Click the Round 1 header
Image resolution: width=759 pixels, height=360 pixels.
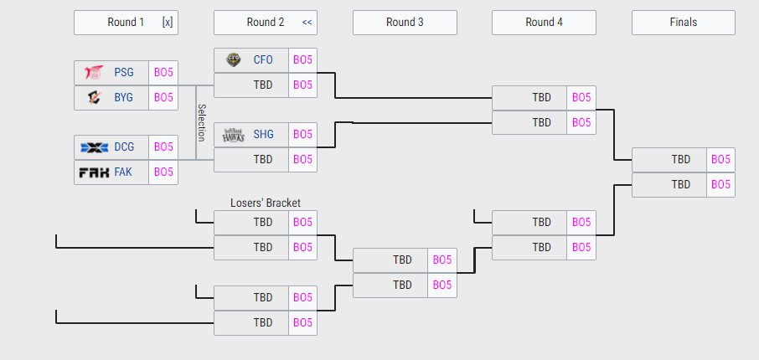(126, 23)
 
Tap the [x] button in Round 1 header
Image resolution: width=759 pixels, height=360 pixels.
(168, 23)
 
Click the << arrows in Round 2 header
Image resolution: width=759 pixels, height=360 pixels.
(307, 23)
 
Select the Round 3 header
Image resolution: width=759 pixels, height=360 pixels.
(405, 23)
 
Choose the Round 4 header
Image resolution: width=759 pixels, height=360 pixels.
(544, 23)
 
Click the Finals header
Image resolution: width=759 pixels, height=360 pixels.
(684, 23)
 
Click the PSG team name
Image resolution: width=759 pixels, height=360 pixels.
(124, 73)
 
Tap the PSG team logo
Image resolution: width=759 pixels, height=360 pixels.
(94, 73)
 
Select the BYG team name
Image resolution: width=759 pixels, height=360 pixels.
(123, 98)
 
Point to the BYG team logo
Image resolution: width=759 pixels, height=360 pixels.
(95, 98)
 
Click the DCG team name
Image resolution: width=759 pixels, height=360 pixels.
(124, 147)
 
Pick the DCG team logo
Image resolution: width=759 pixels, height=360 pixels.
(95, 147)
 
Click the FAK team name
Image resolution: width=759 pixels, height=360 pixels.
(123, 172)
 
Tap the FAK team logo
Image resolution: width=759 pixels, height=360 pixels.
(95, 172)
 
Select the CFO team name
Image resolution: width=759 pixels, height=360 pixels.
(263, 60)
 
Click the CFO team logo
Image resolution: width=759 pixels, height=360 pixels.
(234, 60)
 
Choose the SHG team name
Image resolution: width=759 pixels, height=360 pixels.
(263, 135)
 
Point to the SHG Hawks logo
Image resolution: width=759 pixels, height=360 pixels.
(234, 135)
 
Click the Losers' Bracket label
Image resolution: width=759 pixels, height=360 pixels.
(266, 203)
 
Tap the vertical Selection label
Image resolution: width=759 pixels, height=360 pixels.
(201, 123)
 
